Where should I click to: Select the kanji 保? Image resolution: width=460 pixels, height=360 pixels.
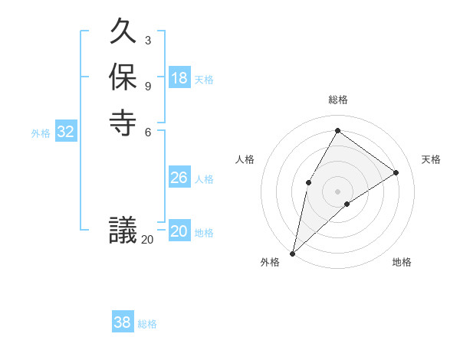tap(123, 78)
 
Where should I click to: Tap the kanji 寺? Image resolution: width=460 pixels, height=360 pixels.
tap(123, 123)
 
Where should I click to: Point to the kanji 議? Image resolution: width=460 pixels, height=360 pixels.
tap(123, 231)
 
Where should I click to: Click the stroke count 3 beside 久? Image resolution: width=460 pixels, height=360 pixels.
tap(147, 40)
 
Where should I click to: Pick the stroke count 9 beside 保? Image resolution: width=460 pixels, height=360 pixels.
tap(147, 85)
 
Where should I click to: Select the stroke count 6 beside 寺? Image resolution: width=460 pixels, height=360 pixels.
tap(147, 130)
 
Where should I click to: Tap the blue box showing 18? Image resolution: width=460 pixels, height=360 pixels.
tap(179, 78)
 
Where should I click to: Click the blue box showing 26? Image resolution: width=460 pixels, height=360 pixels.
tap(179, 178)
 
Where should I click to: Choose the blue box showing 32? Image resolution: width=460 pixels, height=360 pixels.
tap(66, 132)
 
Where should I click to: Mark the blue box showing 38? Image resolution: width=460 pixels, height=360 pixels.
tap(123, 322)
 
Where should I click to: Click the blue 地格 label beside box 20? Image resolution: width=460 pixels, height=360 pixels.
tap(204, 233)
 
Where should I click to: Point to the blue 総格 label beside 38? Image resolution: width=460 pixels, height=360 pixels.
tap(147, 324)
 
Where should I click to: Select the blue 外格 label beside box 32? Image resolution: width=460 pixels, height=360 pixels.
tap(41, 133)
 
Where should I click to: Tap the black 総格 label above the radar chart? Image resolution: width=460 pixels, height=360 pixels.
tap(337, 100)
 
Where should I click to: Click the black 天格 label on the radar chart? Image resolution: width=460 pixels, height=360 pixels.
tap(431, 159)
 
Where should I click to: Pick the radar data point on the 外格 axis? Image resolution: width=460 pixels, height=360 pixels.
tap(293, 253)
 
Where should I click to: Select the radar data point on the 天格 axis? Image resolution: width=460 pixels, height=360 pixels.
tap(396, 172)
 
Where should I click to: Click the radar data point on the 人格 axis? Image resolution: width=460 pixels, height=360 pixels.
tap(308, 182)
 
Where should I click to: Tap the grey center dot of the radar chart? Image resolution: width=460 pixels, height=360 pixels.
tap(337, 191)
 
